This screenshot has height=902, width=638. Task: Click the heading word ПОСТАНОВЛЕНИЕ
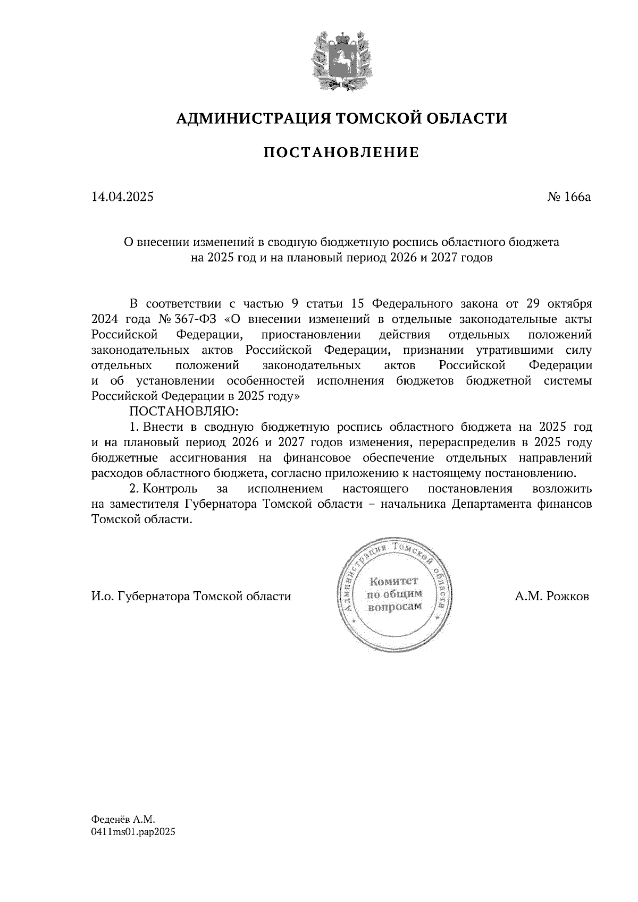pos(341,153)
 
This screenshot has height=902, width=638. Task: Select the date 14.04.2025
pos(122,197)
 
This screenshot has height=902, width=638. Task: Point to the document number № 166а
pos(569,197)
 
